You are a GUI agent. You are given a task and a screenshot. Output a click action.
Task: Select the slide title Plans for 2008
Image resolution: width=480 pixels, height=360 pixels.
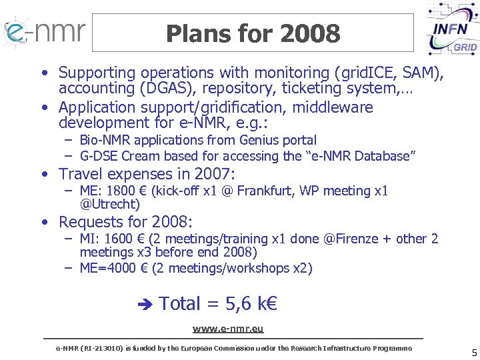[253, 33]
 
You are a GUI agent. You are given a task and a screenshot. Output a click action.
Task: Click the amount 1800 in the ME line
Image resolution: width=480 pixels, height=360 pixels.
[121, 191]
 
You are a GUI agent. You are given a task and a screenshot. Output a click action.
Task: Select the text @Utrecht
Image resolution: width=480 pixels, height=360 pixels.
[109, 205]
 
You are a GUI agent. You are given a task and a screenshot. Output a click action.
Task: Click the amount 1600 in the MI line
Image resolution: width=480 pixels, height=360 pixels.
[121, 239]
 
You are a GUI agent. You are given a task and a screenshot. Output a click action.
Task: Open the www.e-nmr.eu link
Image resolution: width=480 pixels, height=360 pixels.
[228, 329]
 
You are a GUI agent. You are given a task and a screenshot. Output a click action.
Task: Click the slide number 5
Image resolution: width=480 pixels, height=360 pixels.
[474, 353]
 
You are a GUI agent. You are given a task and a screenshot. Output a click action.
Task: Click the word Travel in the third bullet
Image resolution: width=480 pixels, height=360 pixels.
[83, 174]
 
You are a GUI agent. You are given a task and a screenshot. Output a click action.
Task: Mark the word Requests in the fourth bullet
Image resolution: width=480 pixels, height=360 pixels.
[91, 222]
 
